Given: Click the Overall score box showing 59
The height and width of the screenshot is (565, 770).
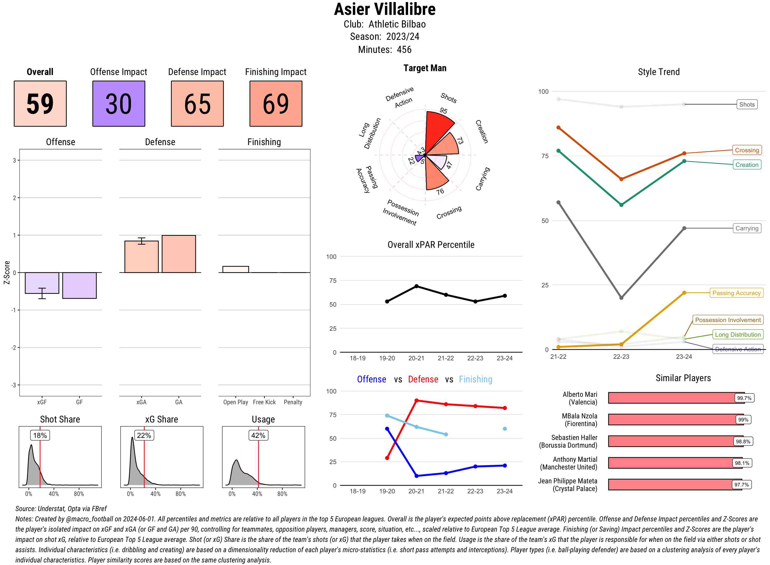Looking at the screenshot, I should tap(40, 104).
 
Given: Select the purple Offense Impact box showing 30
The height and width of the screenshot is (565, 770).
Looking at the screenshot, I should tap(119, 104).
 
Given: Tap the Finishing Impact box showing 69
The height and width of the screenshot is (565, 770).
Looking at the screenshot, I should tap(276, 104).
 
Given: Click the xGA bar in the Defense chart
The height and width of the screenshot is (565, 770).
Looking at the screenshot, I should tap(141, 257).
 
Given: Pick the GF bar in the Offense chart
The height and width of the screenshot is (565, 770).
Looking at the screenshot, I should tap(79, 286).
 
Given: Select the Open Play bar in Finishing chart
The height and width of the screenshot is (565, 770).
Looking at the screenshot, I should tap(235, 269).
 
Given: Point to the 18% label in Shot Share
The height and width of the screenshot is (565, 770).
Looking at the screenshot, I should tap(40, 435).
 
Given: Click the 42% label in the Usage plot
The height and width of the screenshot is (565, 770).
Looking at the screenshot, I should tap(258, 435).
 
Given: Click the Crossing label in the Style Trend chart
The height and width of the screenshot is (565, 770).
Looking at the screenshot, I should tap(746, 150).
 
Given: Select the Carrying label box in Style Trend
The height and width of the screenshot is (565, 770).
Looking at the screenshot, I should tap(746, 229).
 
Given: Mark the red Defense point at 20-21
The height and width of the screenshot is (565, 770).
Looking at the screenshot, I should tap(416, 400).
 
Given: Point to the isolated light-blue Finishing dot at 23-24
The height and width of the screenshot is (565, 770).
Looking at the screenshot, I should tap(504, 429).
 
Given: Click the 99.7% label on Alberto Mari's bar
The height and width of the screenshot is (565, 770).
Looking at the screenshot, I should tap(744, 398).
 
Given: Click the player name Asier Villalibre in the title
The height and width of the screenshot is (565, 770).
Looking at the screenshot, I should tap(385, 10).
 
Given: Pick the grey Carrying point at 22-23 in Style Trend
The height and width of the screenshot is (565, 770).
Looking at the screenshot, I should tap(621, 298).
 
